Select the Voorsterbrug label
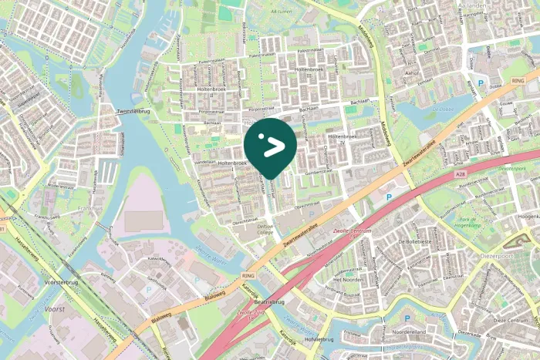click(62, 283)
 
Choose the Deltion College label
click(265, 230)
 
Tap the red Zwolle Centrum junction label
click(355, 233)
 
